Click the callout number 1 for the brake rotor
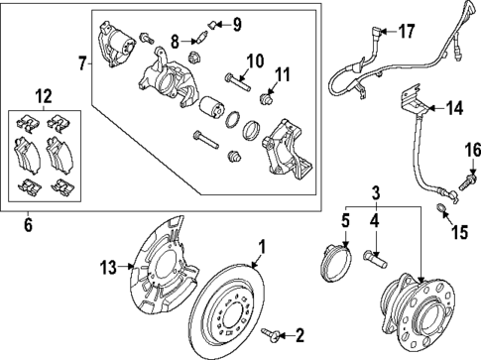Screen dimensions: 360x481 click(x=263, y=246)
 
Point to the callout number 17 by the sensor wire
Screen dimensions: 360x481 click(x=408, y=32)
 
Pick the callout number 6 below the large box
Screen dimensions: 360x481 click(x=27, y=226)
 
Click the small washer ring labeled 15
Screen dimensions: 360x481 click(x=442, y=209)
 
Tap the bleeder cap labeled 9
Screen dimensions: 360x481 click(x=211, y=23)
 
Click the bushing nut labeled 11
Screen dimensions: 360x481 click(x=265, y=98)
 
